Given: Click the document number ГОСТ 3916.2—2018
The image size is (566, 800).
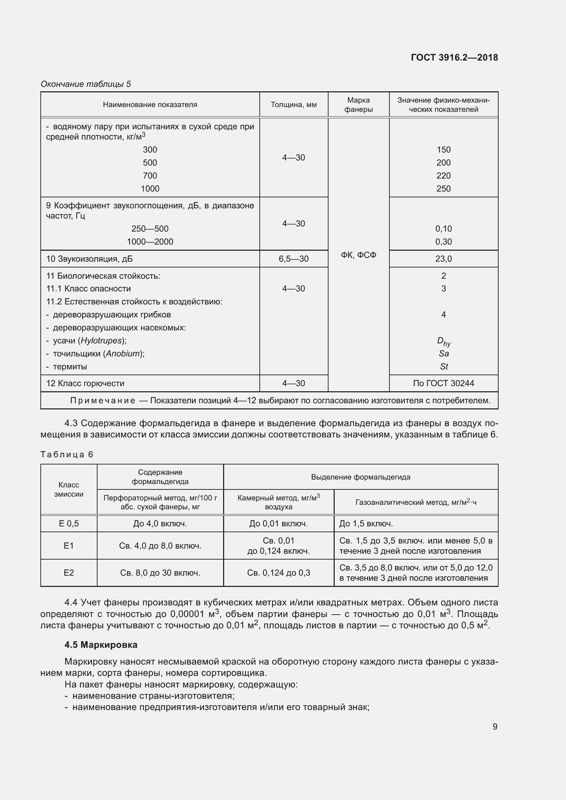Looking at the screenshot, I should [x=454, y=57].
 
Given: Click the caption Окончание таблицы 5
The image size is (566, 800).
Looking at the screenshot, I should [x=86, y=84].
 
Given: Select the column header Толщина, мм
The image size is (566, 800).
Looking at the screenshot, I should [x=294, y=105].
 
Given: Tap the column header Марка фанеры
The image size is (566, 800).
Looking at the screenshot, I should [x=358, y=105].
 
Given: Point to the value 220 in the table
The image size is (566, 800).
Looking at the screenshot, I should [x=443, y=175].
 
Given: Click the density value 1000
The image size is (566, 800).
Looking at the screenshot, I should [x=150, y=188].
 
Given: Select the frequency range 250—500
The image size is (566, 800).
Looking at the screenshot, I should [x=150, y=228].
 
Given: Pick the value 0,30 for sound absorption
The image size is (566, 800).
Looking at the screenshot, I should [x=443, y=241].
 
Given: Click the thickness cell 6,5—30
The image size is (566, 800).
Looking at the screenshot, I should [x=294, y=259].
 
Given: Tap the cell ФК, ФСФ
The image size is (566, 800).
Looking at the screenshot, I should [x=358, y=255].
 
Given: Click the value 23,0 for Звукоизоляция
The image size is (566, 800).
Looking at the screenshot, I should [x=443, y=259].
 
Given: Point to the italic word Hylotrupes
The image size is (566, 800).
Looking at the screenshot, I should [x=101, y=340].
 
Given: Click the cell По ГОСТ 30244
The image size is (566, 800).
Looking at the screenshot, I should [x=443, y=383].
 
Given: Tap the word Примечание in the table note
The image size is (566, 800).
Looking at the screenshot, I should [x=102, y=401].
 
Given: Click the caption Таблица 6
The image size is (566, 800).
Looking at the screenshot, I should [x=67, y=454].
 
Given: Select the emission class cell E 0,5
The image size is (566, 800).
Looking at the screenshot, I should [x=69, y=523].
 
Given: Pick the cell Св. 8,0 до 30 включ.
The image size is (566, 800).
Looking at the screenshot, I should [x=160, y=573].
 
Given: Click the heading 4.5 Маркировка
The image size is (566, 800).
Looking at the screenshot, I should [x=101, y=645].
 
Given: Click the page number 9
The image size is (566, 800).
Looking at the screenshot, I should [x=495, y=726].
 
